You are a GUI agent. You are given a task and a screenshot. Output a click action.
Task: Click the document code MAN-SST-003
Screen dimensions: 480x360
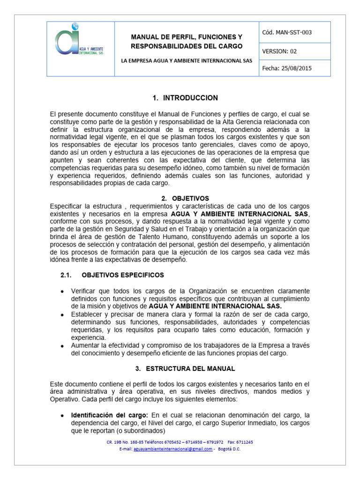pos(287,32)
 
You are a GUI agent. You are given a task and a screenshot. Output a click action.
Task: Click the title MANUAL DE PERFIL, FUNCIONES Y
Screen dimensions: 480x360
pos(186,37)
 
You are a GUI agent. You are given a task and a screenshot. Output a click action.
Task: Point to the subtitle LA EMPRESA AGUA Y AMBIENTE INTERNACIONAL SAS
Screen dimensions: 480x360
pos(187,61)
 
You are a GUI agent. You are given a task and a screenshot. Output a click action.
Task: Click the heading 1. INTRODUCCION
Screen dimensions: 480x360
pos(186,98)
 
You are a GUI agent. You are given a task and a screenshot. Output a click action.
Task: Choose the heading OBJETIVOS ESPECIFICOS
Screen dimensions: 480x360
pos(123,275)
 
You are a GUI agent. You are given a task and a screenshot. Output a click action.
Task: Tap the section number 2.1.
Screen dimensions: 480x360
pos(66,275)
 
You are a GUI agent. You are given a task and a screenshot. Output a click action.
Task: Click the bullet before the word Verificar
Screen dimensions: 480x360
pos(63,291)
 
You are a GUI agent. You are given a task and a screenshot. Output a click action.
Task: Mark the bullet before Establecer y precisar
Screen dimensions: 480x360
pos(63,314)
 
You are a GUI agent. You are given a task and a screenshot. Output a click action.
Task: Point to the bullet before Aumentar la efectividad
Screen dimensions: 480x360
pos(63,345)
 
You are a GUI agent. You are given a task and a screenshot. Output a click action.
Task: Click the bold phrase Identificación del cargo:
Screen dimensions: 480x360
pos(109,415)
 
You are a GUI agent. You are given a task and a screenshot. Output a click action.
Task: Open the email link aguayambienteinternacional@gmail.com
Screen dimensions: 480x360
pos(173,449)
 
